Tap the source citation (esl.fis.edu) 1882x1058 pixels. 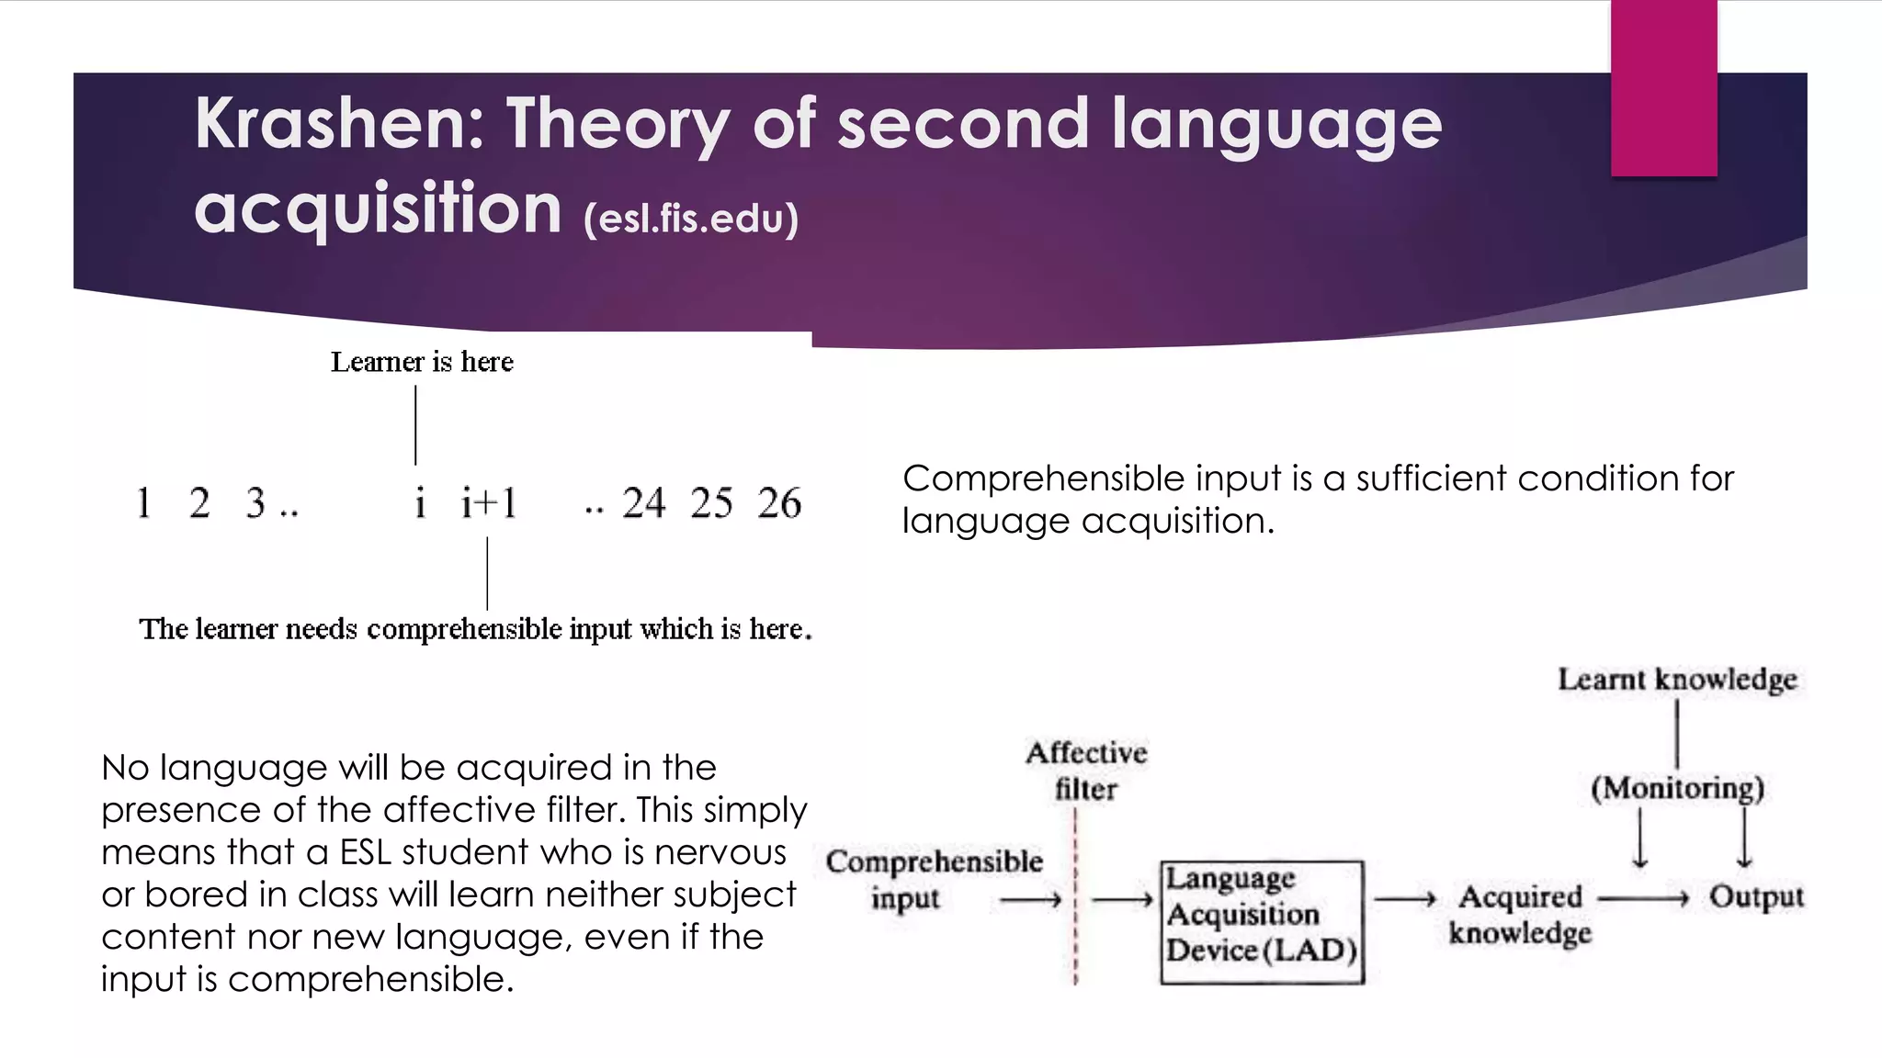coord(691,219)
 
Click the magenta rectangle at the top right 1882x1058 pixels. coord(1663,88)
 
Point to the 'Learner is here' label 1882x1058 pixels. coord(422,362)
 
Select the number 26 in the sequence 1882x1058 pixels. coord(779,503)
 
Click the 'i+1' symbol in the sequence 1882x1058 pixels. coord(488,503)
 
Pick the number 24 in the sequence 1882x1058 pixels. coord(643,503)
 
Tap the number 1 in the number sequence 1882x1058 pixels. coord(144,503)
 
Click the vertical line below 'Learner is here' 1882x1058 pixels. coord(415,424)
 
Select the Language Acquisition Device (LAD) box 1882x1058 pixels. coord(1262,921)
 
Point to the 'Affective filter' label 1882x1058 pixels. coord(1086,771)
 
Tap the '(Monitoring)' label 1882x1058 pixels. coord(1677,788)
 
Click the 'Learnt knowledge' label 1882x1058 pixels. coord(1677,680)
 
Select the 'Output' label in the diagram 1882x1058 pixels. coord(1756,896)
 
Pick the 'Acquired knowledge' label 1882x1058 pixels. coord(1520,914)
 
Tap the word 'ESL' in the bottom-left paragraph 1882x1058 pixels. coord(366,852)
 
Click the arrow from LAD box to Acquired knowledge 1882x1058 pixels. coord(1405,899)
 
